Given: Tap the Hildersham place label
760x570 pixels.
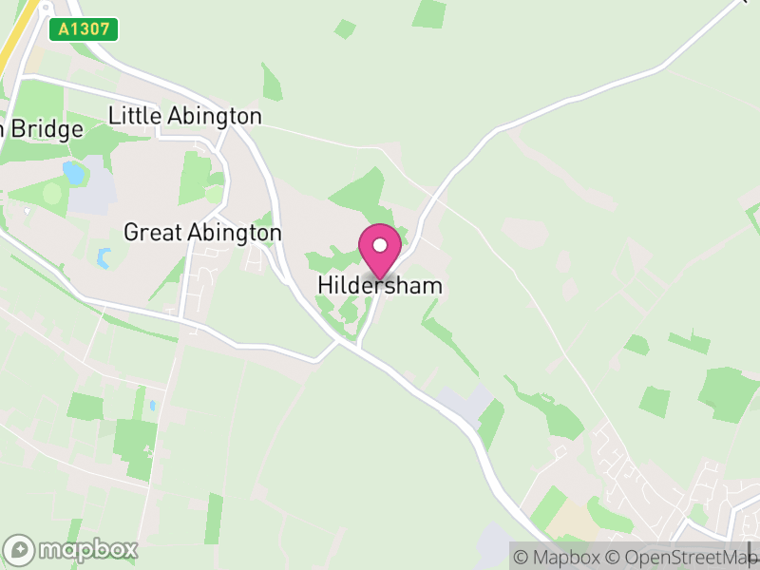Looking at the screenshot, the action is click(380, 285).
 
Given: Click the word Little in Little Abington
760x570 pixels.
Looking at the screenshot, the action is click(135, 116).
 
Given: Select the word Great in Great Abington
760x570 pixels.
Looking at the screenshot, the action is click(151, 233).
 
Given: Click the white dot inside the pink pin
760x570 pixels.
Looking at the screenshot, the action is click(380, 245).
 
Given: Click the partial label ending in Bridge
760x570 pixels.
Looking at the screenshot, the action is click(42, 129).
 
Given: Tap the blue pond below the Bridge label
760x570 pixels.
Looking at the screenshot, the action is click(73, 173).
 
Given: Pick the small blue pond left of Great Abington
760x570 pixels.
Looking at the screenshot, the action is click(104, 257).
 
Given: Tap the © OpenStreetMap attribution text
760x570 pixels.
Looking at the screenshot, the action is click(679, 557).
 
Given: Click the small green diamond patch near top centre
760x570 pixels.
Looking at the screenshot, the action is click(345, 28).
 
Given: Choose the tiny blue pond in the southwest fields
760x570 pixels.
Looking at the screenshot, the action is click(151, 406).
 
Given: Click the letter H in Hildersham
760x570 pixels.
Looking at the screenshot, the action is click(325, 285).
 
